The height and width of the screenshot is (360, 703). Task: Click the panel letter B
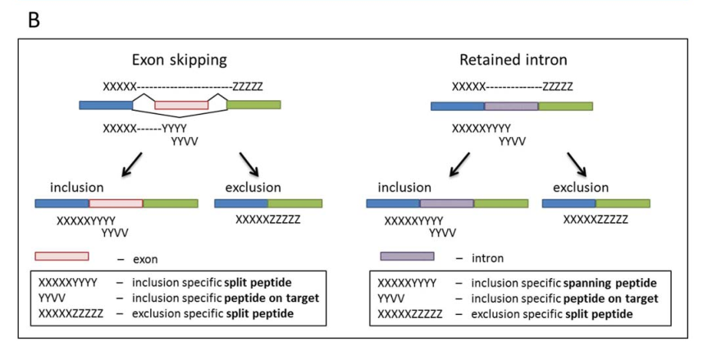coord(34,20)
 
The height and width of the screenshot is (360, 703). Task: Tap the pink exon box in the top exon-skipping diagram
coord(181,105)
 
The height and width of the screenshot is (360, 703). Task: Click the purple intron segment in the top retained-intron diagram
coord(511,106)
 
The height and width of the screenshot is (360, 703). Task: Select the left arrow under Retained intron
coord(464,163)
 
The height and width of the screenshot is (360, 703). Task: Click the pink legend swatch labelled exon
coord(62,257)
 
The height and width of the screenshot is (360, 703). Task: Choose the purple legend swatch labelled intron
coord(407,257)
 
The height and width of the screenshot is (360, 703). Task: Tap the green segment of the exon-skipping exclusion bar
coord(294,203)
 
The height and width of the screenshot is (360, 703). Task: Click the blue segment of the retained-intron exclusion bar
coord(568,203)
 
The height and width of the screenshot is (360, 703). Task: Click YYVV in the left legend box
coord(53,299)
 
